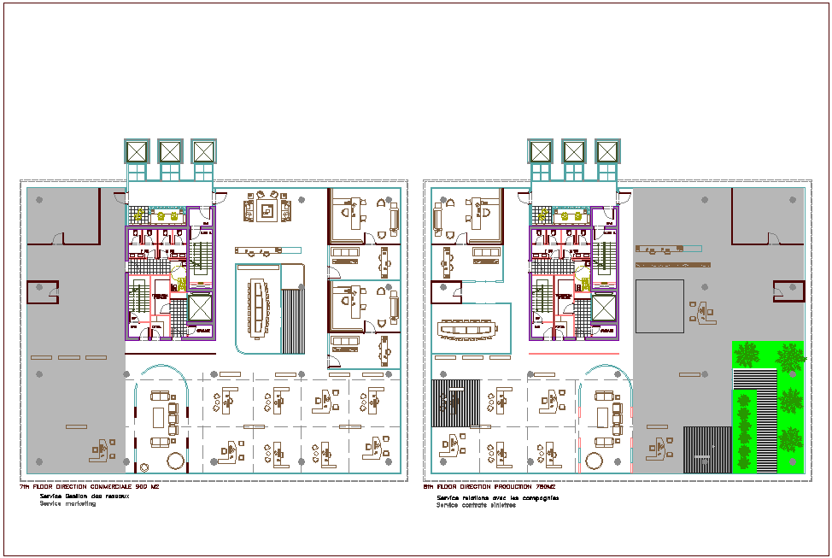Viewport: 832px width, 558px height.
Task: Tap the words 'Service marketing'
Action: click(x=67, y=504)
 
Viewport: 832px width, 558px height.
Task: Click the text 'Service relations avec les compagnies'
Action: click(x=497, y=496)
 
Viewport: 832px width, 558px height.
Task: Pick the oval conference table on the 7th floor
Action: click(x=257, y=308)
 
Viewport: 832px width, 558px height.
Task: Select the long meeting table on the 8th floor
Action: click(x=466, y=329)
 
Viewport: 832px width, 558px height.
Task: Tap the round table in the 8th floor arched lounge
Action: click(x=593, y=461)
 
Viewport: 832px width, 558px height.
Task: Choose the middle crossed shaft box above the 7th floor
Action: click(x=170, y=151)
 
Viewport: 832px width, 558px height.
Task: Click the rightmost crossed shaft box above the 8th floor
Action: click(x=606, y=151)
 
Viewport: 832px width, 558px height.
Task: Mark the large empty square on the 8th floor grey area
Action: click(x=659, y=306)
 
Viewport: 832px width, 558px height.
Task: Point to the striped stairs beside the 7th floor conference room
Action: click(x=293, y=316)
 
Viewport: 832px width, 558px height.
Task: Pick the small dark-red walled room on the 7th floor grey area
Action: click(x=42, y=292)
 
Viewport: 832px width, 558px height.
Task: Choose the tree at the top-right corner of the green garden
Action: click(x=790, y=355)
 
